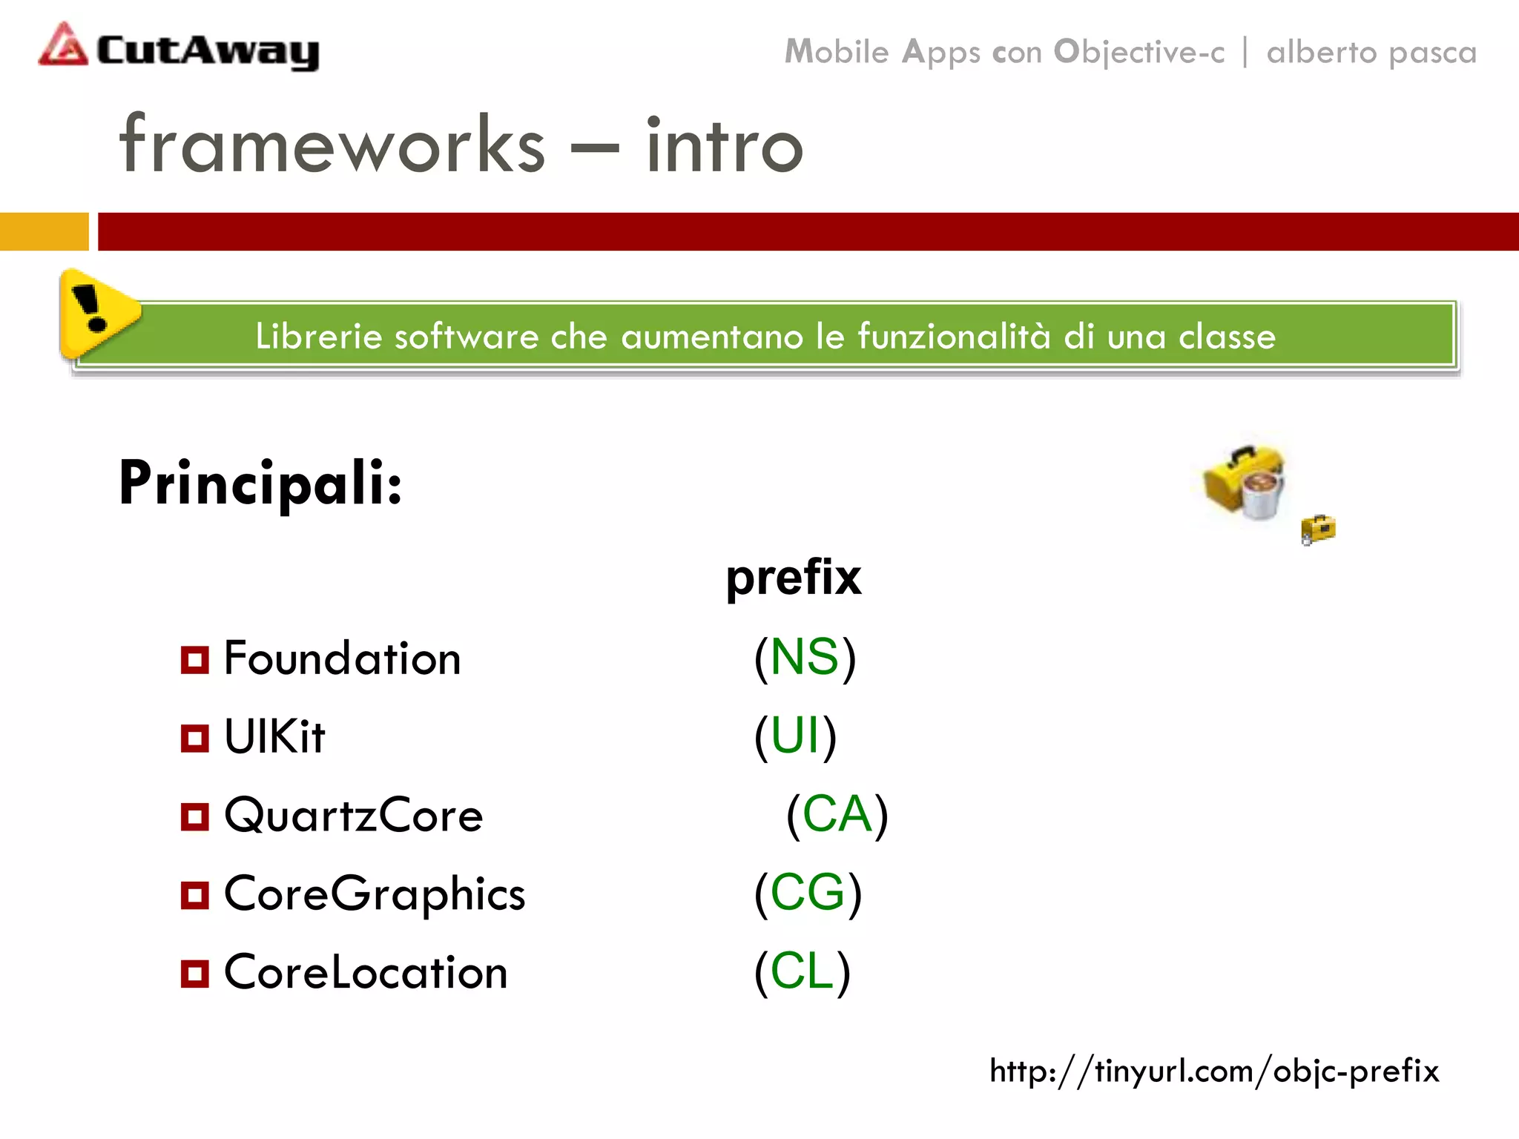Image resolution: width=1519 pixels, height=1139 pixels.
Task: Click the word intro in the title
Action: tap(724, 146)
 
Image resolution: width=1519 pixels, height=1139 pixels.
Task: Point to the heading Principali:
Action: tap(260, 483)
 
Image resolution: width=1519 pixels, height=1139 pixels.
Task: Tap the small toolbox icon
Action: tap(1318, 529)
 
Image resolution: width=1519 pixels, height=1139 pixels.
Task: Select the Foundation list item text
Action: tap(342, 658)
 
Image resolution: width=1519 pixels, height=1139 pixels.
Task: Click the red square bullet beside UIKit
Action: tap(194, 738)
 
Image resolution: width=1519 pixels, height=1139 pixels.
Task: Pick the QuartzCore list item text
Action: tap(353, 816)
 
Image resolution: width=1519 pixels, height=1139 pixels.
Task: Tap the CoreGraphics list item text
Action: tap(375, 894)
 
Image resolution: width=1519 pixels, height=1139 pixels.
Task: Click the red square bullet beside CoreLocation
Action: tap(194, 973)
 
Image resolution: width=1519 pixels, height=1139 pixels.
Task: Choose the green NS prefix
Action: tap(804, 657)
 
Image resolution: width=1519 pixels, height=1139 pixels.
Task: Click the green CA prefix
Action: tap(837, 814)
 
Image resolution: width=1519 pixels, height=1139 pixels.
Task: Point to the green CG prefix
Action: tap(807, 893)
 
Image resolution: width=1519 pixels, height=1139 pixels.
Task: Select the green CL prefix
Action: tap(802, 971)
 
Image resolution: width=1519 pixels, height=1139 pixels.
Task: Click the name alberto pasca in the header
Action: tap(1371, 53)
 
